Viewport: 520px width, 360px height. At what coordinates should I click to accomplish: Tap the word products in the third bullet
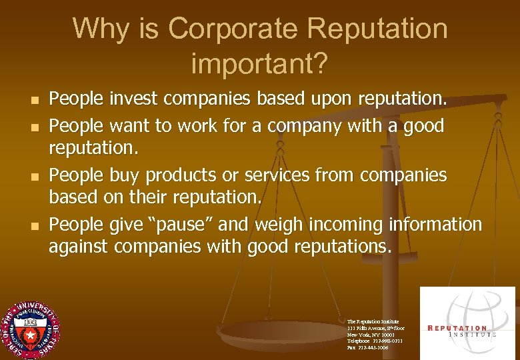[178, 175]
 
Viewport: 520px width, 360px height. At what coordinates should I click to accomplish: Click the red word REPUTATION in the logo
[457, 328]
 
